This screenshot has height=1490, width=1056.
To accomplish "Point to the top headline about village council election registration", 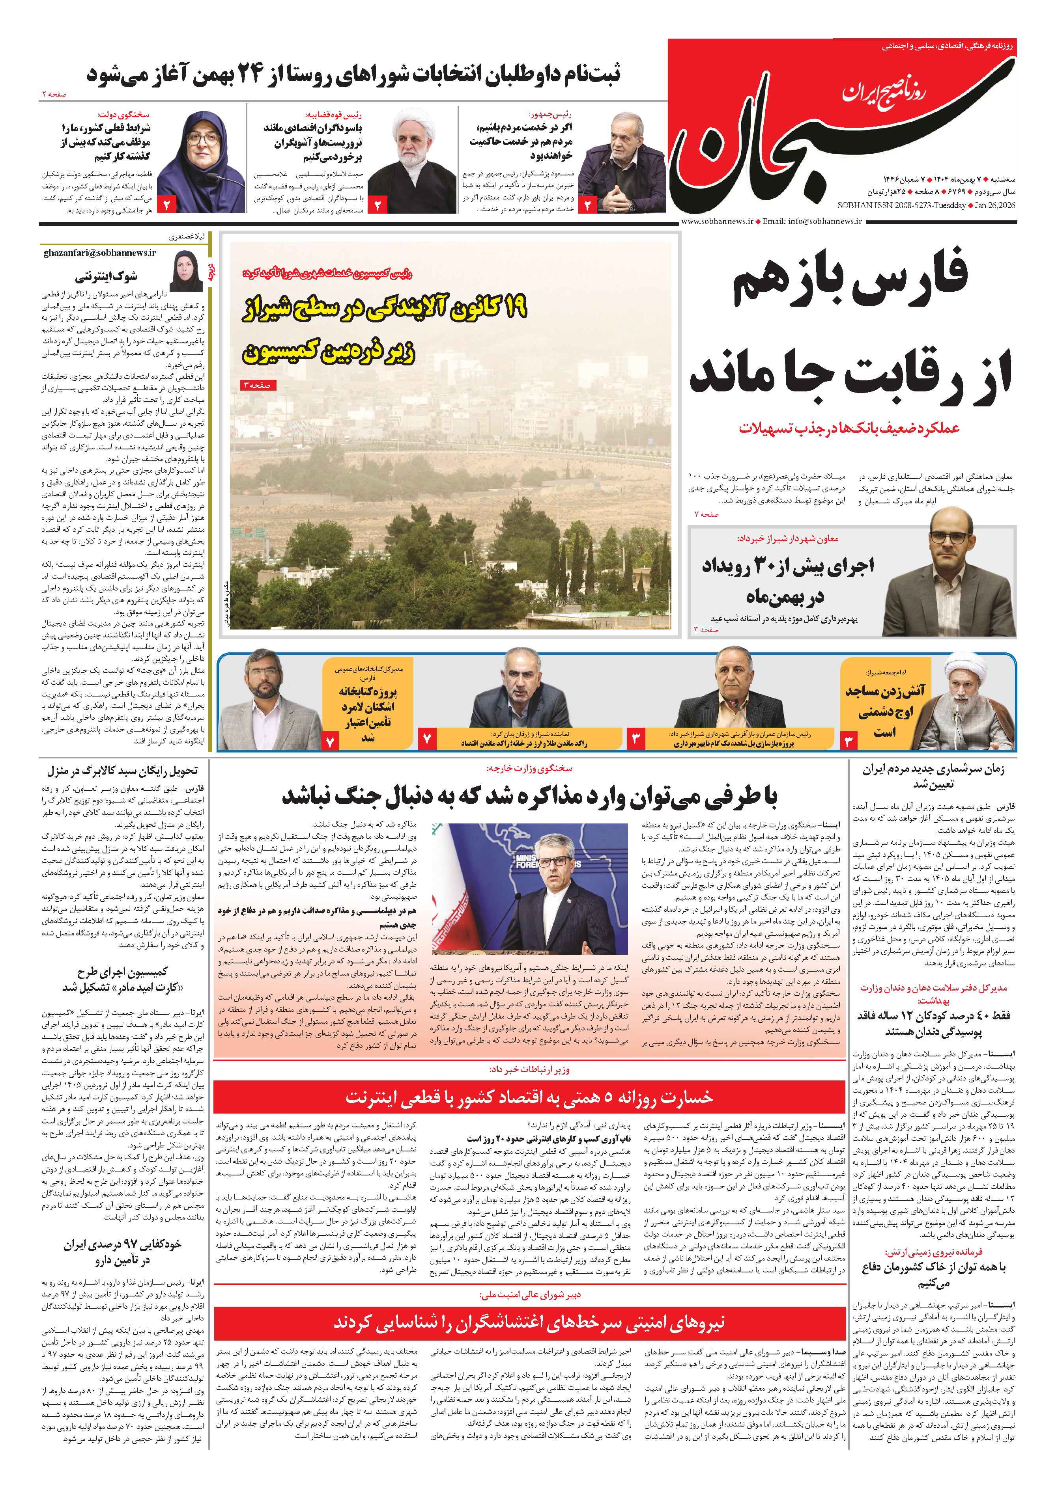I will click(x=354, y=73).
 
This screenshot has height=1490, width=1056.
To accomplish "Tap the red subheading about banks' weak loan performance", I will click(x=875, y=428).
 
